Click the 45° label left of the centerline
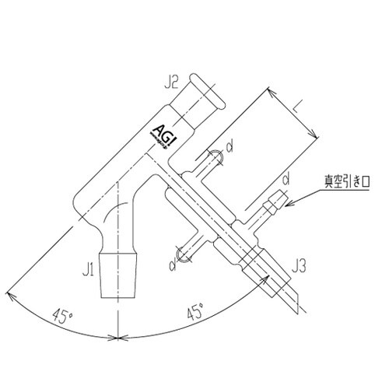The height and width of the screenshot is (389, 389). tap(62, 317)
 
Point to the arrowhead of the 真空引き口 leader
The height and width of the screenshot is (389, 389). tap(286, 207)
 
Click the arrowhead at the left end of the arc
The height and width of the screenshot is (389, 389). tap(9, 293)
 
